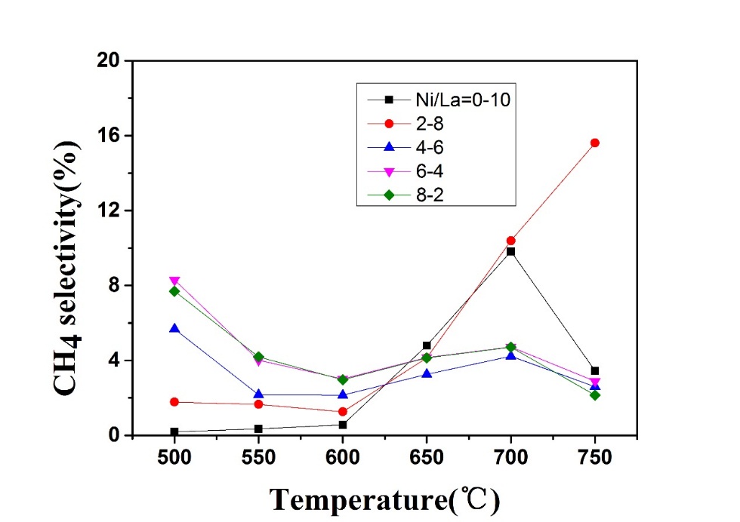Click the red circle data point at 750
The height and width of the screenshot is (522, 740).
click(595, 143)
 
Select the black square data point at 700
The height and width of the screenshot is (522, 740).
click(511, 251)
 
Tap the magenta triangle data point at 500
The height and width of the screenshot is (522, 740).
click(174, 281)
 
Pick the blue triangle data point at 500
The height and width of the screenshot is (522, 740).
click(174, 328)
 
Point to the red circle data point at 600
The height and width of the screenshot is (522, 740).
click(343, 412)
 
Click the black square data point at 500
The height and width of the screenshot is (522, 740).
click(174, 432)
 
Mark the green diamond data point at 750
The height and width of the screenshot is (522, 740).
click(595, 395)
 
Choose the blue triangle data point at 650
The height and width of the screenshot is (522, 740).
click(427, 373)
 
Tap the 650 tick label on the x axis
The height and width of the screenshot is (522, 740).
click(427, 458)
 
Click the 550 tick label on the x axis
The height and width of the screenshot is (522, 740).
click(258, 458)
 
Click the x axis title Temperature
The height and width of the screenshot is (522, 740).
click(385, 499)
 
